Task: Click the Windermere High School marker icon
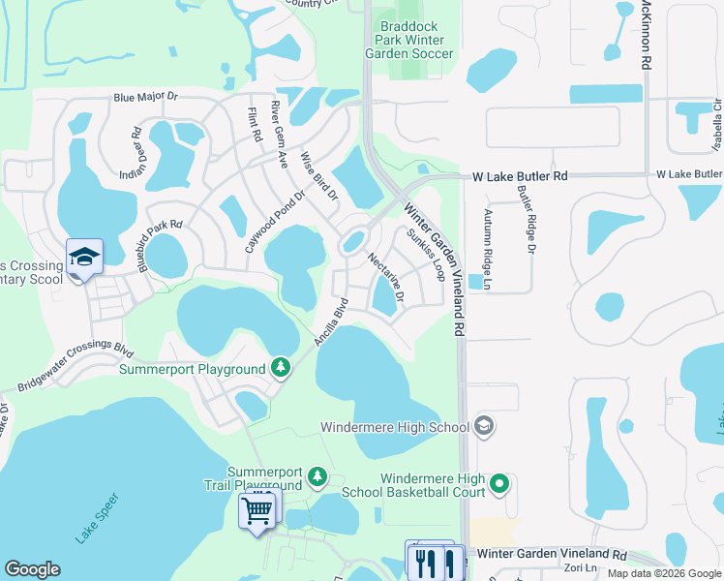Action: tap(484, 426)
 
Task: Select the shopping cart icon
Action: tap(258, 508)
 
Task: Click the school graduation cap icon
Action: tap(84, 258)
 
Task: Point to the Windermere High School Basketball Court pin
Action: tap(499, 482)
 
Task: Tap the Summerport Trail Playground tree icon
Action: tap(317, 475)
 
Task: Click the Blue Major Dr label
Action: tap(146, 97)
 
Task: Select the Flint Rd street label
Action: tap(256, 125)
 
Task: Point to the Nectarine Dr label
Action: tap(385, 276)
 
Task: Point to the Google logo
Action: tap(32, 569)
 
